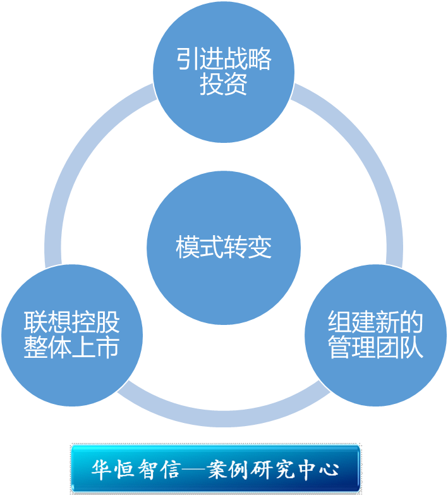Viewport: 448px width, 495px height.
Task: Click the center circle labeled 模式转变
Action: coord(224,247)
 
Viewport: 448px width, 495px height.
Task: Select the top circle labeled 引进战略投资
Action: coord(224,71)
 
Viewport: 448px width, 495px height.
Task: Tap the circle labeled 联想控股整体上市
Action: coord(71,335)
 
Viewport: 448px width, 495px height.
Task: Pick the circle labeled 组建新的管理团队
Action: coord(376,335)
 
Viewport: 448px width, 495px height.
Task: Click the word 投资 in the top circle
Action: coord(224,85)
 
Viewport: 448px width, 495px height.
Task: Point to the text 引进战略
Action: coord(224,60)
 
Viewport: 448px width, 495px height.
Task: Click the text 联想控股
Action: coord(71,323)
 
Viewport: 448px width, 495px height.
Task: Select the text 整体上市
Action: coord(71,348)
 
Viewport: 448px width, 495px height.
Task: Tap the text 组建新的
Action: coord(376,323)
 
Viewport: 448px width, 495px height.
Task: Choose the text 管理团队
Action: coord(376,348)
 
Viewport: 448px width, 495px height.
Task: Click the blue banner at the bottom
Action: coord(215,468)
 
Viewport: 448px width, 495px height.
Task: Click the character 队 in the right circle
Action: coord(412,348)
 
